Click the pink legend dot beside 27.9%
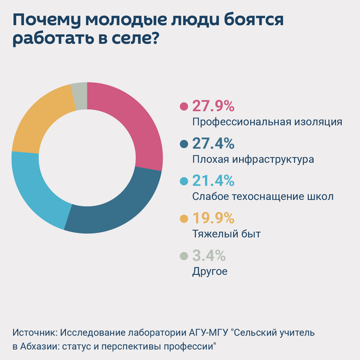coord(184,107)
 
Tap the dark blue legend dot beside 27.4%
coord(184,144)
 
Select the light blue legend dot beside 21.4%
coord(184,181)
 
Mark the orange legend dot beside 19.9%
coord(184,218)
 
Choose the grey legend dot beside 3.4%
coord(184,256)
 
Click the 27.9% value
coord(213,107)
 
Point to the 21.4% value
coord(213,181)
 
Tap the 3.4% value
coord(209,256)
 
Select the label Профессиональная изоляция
coord(267,122)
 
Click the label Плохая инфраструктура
coord(253,160)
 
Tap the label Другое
coord(210,271)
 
